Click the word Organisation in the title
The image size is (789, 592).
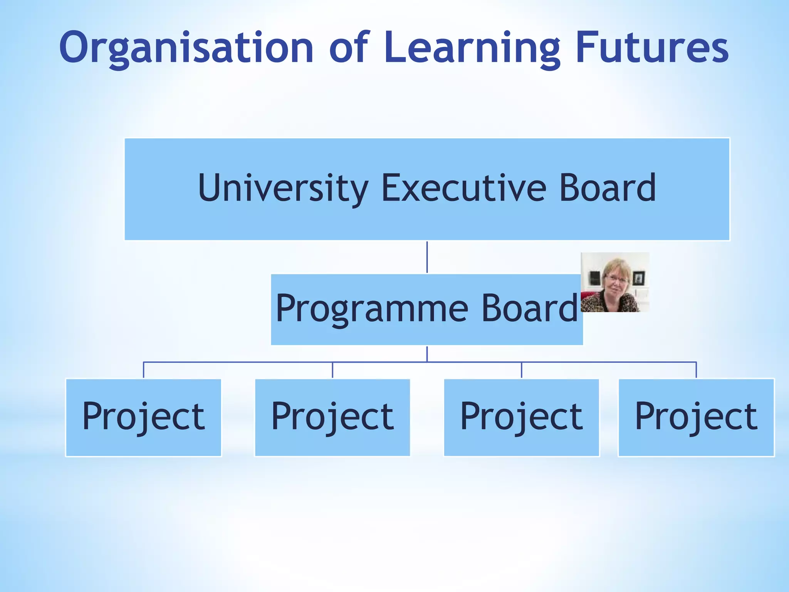[x=186, y=48]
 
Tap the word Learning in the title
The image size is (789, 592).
[x=472, y=48]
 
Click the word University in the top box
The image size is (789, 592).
[x=283, y=188]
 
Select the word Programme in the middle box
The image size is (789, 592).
[x=372, y=308]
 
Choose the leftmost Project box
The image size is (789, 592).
[x=144, y=417]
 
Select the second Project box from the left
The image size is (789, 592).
[x=332, y=417]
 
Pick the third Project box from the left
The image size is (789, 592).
[x=522, y=417]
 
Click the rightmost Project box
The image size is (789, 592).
[x=696, y=417]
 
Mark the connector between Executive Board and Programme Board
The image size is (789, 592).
[x=427, y=257]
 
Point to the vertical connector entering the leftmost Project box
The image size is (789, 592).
[x=144, y=370]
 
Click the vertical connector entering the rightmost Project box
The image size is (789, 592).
[x=696, y=370]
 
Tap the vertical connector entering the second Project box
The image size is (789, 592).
[x=332, y=370]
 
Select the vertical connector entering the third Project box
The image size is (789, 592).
[x=522, y=370]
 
